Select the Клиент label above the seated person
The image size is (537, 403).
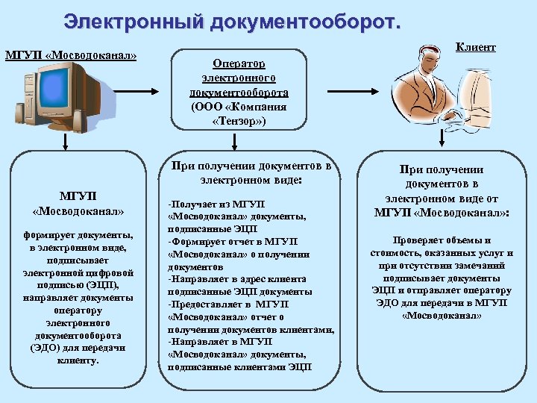tap(476, 47)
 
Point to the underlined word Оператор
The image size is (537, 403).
tap(239, 64)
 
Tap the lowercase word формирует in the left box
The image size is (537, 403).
tap(53, 234)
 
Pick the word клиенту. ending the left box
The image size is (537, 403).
tap(77, 360)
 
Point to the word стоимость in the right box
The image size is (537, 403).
tap(395, 253)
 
